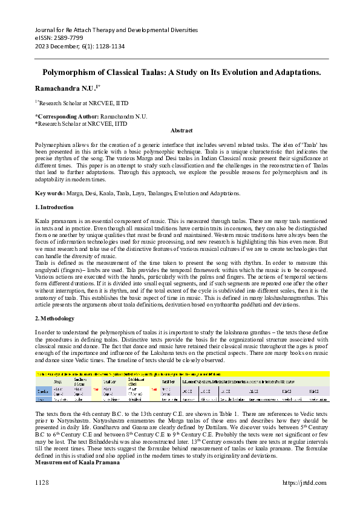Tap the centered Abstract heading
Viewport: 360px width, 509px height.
click(x=182, y=131)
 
